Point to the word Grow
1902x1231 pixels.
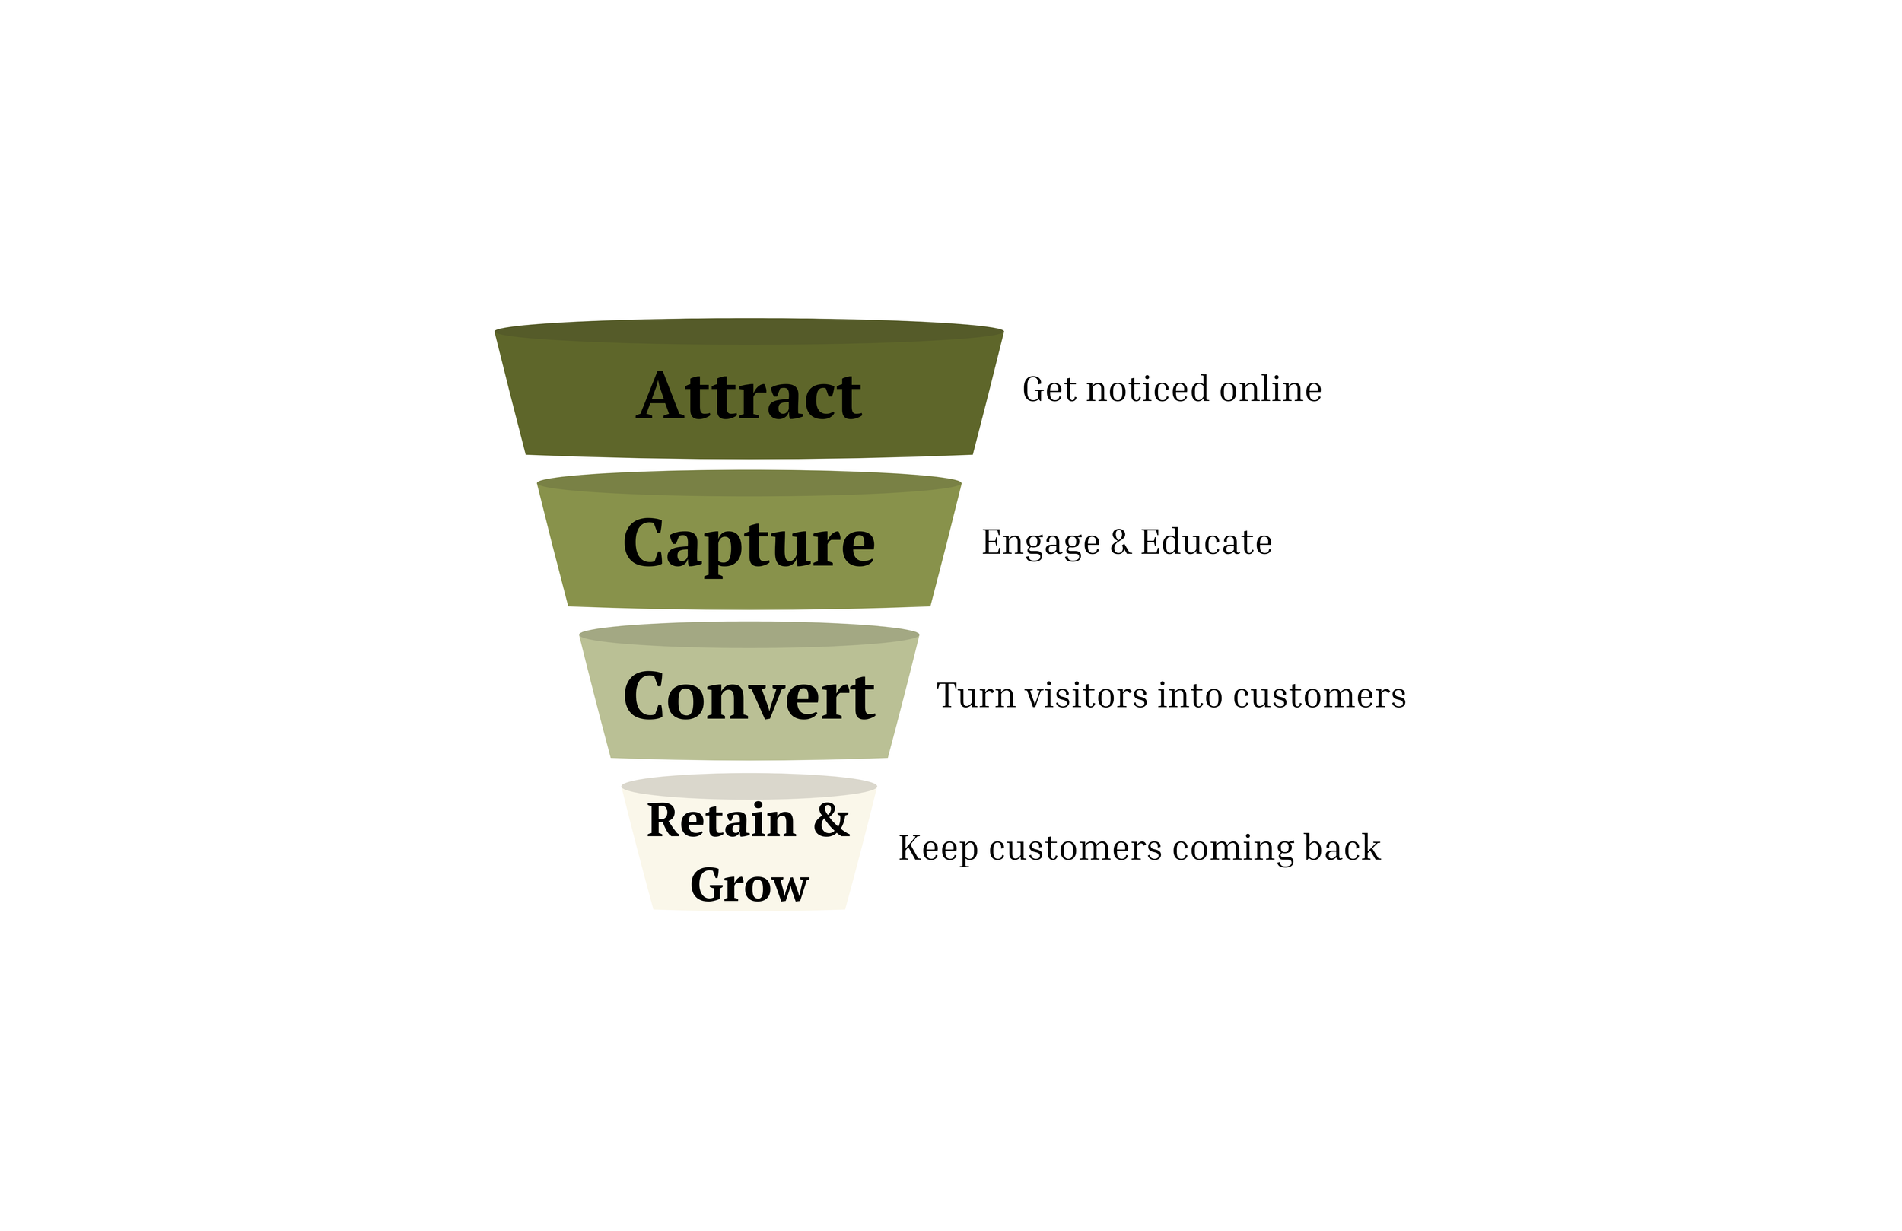(x=749, y=886)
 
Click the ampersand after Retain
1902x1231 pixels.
(x=831, y=821)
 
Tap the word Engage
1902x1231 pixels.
(x=1041, y=542)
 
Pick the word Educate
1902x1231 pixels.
(x=1206, y=542)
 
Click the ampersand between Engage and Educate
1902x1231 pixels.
(x=1121, y=542)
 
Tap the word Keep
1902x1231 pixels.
(x=938, y=848)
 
